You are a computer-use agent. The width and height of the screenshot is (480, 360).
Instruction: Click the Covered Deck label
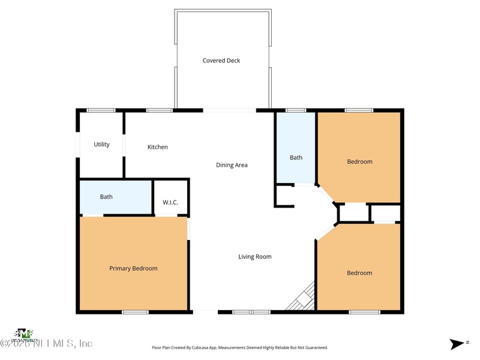[221, 61]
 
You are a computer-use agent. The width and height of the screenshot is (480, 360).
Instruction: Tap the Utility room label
[101, 145]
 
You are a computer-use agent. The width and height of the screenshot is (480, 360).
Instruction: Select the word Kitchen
[158, 147]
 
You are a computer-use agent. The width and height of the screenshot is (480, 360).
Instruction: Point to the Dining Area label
[232, 165]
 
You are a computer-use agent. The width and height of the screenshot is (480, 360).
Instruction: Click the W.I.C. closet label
[170, 202]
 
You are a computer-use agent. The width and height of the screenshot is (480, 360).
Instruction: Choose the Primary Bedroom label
[133, 268]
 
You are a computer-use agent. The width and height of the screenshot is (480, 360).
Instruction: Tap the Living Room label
[255, 257]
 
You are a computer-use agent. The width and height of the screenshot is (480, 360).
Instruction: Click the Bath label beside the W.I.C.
[106, 197]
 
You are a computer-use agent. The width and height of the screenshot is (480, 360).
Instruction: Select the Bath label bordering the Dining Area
[296, 158]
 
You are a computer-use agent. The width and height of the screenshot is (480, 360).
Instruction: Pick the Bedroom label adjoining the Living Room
[359, 273]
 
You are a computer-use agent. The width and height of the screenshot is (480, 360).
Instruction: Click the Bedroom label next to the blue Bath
[359, 161]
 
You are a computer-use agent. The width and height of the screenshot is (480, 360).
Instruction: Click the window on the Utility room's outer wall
[101, 110]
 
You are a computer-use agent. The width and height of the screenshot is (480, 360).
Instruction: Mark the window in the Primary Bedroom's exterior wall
[135, 311]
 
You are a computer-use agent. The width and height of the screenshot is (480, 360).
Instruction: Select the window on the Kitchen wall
[160, 110]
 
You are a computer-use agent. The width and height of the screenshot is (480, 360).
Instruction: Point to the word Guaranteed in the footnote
[313, 347]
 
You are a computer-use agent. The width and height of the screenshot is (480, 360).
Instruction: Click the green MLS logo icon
[24, 333]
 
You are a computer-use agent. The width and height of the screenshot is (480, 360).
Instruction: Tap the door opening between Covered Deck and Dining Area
[230, 110]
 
